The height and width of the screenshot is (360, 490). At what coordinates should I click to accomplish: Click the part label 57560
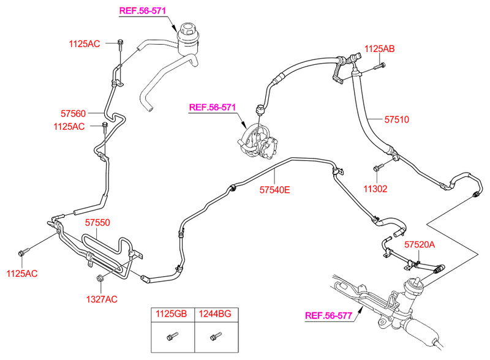[73, 113]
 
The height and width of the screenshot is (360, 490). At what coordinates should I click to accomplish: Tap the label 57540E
[273, 190]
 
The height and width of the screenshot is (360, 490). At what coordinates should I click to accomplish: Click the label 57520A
[419, 244]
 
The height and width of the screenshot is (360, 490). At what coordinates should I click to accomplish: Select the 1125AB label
[380, 48]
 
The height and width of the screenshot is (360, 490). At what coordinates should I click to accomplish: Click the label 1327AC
[102, 299]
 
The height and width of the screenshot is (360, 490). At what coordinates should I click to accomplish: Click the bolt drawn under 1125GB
[172, 336]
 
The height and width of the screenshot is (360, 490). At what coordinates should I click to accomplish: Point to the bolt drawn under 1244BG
[214, 336]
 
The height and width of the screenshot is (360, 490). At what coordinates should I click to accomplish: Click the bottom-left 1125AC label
[23, 273]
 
